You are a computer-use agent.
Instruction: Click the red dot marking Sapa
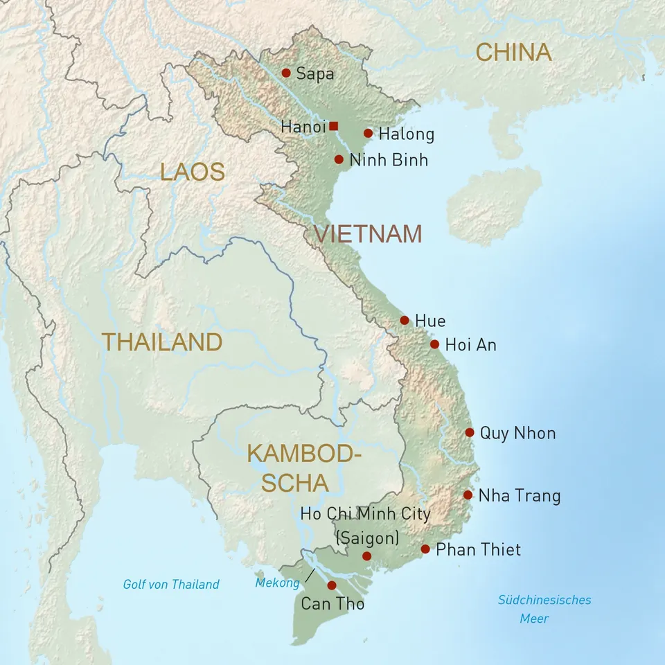[285, 73]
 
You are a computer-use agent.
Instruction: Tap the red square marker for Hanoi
[334, 126]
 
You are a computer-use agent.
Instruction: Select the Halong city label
[406, 134]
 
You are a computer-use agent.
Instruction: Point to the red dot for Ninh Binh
[339, 159]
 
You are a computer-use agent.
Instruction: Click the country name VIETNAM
[368, 234]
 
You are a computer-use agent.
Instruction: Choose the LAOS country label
[193, 172]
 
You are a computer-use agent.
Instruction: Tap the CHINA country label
[513, 52]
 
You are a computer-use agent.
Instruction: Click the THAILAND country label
[162, 342]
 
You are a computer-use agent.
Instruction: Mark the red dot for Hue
[405, 320]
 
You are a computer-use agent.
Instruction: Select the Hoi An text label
[470, 345]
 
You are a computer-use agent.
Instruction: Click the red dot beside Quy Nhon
[470, 432]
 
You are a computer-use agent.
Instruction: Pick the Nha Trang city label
[519, 496]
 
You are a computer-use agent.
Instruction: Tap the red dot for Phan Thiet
[425, 549]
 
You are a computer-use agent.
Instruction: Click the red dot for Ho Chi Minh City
[366, 556]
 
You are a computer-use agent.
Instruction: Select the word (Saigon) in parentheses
[366, 538]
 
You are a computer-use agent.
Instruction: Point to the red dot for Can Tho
[332, 585]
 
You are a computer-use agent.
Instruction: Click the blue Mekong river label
[277, 583]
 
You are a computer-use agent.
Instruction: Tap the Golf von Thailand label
[171, 584]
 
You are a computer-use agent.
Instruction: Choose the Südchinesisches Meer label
[544, 608]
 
